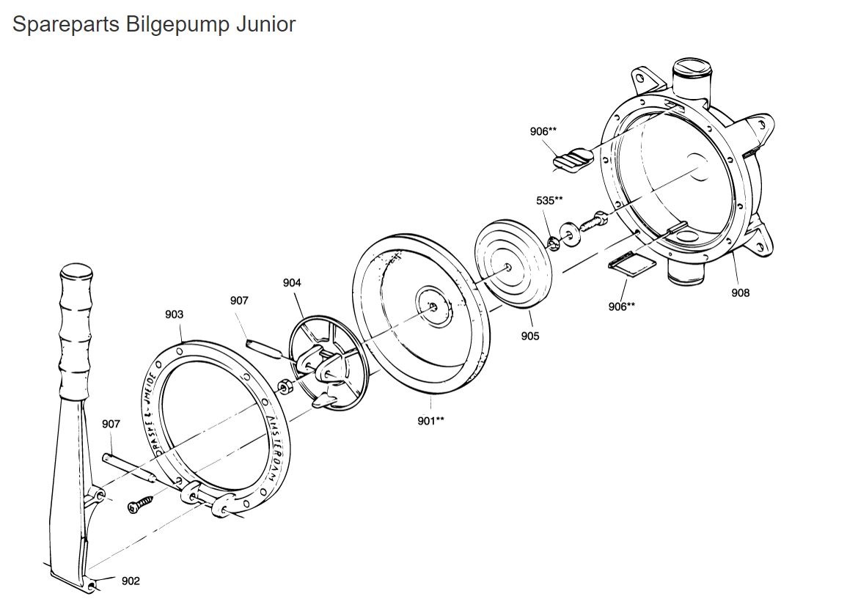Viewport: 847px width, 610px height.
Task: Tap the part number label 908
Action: (x=740, y=293)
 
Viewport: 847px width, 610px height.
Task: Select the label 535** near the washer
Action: (x=549, y=199)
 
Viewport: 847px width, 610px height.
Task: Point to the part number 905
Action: (x=529, y=336)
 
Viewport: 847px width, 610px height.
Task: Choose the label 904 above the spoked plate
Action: (x=292, y=283)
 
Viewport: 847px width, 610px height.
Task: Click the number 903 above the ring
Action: (x=174, y=314)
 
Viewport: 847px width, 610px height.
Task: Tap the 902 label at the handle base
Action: (x=131, y=581)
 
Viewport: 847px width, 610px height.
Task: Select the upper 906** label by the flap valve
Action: (x=543, y=131)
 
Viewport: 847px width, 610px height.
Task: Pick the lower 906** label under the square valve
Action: (x=622, y=306)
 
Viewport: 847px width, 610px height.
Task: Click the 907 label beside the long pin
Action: (x=111, y=424)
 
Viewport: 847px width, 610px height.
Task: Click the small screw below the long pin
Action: (x=142, y=504)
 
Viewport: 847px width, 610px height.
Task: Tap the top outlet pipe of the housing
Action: (x=692, y=79)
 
